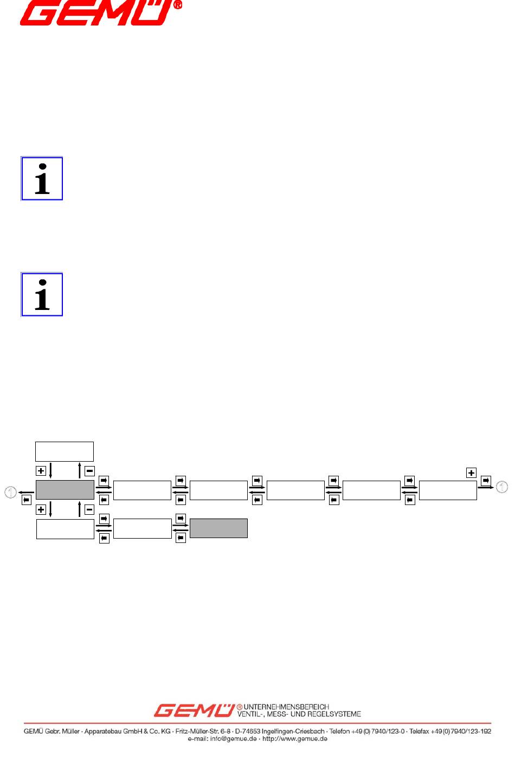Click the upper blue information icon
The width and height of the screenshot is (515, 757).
pyautogui.click(x=42, y=179)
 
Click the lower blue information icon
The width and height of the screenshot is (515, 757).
pyautogui.click(x=42, y=295)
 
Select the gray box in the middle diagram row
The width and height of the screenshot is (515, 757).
pyautogui.click(x=65, y=490)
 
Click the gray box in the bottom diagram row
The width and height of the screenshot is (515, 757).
pyautogui.click(x=218, y=528)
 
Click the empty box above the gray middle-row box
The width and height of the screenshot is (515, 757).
pyautogui.click(x=65, y=451)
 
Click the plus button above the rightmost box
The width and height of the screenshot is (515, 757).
pyautogui.click(x=471, y=473)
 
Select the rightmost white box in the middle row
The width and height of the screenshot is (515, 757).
pyautogui.click(x=448, y=490)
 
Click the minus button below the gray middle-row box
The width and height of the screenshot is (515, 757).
pyautogui.click(x=89, y=509)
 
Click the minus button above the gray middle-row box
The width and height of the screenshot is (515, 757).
pyautogui.click(x=89, y=471)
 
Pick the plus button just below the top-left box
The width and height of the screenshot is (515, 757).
pyautogui.click(x=41, y=471)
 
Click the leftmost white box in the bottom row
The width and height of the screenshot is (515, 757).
pyautogui.click(x=65, y=529)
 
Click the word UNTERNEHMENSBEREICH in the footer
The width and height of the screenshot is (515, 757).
pyautogui.click(x=286, y=707)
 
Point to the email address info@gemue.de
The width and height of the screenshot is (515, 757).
pyautogui.click(x=233, y=739)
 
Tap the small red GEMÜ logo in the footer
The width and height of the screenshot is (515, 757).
pyautogui.click(x=194, y=710)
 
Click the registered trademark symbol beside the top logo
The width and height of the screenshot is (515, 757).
pyautogui.click(x=177, y=5)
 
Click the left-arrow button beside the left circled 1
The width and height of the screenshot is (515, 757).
pyautogui.click(x=26, y=500)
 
